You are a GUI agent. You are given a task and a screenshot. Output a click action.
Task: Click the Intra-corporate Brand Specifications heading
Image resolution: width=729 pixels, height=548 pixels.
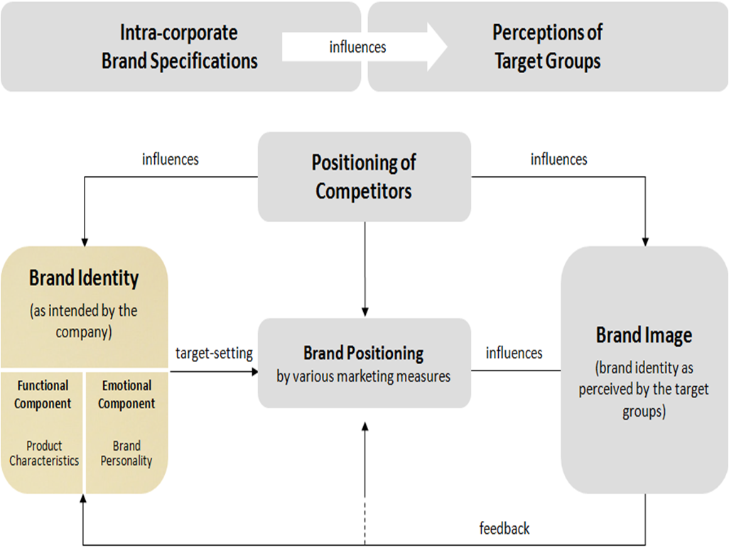coord(179,46)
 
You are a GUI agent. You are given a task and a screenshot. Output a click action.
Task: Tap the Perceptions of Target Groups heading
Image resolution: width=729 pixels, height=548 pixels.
coord(547,46)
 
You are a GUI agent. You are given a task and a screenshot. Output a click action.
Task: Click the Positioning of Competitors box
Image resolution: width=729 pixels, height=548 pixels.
coord(364,176)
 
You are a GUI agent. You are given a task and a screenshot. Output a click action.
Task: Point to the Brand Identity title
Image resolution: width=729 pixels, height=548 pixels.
coord(84,278)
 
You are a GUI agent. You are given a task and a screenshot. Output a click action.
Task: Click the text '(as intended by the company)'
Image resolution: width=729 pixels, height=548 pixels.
coord(84,321)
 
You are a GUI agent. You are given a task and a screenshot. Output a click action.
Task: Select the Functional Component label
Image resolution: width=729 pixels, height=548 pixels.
coord(43,395)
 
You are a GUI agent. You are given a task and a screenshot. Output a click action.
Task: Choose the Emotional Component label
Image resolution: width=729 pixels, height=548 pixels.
coord(126,395)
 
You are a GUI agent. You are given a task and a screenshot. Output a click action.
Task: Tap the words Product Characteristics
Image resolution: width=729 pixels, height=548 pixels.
coord(44,453)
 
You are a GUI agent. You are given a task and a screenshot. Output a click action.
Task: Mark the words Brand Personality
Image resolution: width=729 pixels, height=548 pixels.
coord(126,453)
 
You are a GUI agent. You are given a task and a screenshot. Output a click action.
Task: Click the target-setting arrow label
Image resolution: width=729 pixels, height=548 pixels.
coord(214,353)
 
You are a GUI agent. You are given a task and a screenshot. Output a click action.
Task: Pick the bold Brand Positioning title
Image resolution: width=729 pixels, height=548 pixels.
coord(364,353)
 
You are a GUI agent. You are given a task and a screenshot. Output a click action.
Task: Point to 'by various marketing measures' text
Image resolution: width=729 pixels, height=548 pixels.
coord(364,376)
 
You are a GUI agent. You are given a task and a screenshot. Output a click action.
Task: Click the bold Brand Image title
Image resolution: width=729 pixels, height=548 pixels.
coord(644,335)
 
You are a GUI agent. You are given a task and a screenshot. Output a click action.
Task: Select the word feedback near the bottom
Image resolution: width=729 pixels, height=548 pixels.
coord(504,528)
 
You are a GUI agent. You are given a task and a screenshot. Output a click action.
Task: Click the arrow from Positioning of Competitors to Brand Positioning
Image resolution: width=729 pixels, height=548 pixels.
coord(364,270)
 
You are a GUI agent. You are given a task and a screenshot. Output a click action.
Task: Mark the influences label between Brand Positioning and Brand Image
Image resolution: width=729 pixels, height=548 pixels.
coord(514,353)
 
